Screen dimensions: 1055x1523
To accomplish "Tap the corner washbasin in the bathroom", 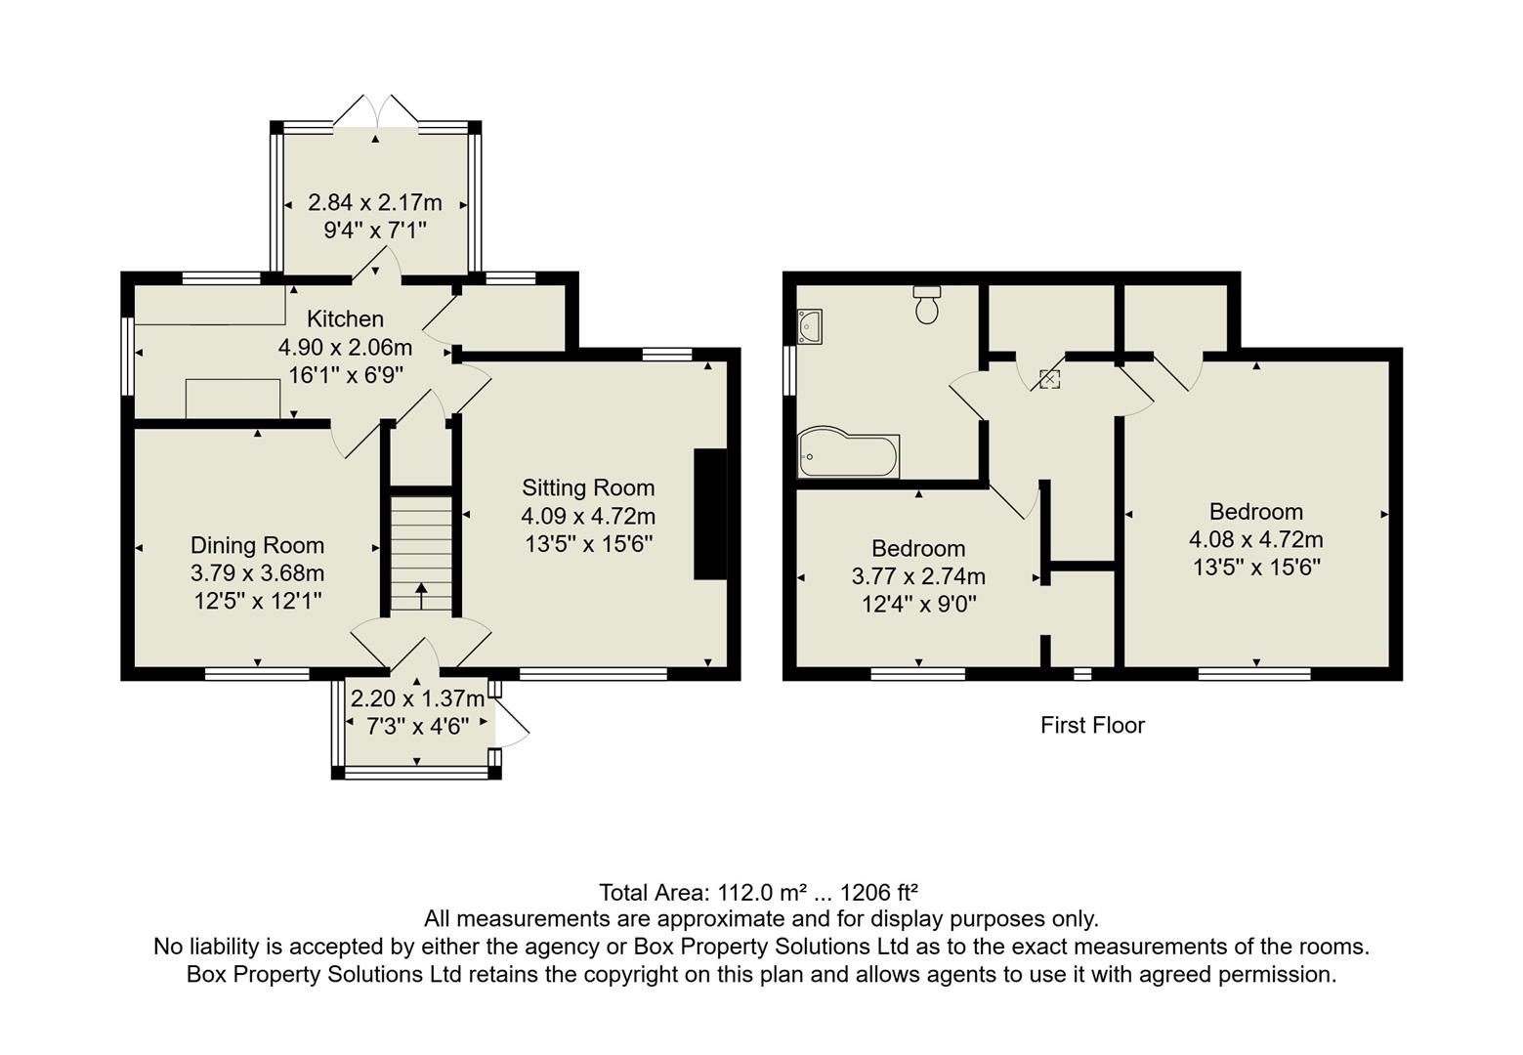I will pyautogui.click(x=810, y=326).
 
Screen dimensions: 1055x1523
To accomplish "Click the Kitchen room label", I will pyautogui.click(x=345, y=318).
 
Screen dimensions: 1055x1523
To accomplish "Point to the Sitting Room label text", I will pyautogui.click(x=588, y=487).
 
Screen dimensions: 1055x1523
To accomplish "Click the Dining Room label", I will pyautogui.click(x=257, y=545).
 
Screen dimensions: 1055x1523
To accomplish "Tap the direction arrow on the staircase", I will pyautogui.click(x=422, y=594).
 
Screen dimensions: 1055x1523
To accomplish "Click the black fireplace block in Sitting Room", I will pyautogui.click(x=710, y=515).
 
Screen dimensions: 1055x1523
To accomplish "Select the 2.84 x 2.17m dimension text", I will pyautogui.click(x=375, y=203).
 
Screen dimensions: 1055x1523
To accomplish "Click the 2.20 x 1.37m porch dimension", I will pyautogui.click(x=417, y=698).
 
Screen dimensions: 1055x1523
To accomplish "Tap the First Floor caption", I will pyautogui.click(x=1091, y=725).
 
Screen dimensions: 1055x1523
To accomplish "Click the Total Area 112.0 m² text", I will pyautogui.click(x=758, y=892).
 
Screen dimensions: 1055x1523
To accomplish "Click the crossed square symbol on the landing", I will pyautogui.click(x=1049, y=379).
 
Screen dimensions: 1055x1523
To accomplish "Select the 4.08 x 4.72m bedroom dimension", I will pyautogui.click(x=1255, y=539).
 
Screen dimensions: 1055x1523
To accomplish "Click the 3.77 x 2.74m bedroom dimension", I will pyautogui.click(x=918, y=576).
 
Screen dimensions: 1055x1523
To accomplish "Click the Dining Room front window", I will pyautogui.click(x=257, y=673).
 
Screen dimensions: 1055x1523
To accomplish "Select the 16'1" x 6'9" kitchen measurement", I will pyautogui.click(x=345, y=374).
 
